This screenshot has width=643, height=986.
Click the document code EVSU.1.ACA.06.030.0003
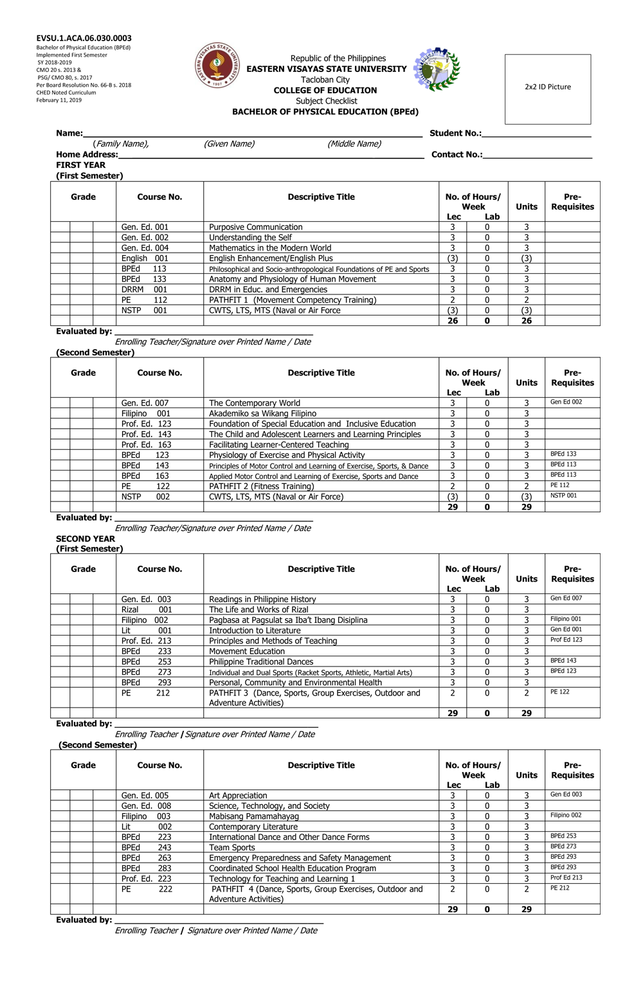(x=84, y=39)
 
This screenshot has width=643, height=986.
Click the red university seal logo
(x=217, y=66)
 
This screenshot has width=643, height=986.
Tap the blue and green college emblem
(x=437, y=69)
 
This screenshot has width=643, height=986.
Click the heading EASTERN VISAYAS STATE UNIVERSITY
(x=327, y=69)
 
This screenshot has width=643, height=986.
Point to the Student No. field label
(x=455, y=133)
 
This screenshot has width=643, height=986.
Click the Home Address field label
(x=87, y=154)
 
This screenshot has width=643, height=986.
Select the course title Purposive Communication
(x=255, y=227)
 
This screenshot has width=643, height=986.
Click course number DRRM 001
(x=144, y=289)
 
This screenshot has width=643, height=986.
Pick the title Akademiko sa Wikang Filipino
(x=262, y=413)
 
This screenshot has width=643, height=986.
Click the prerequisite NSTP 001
(x=563, y=496)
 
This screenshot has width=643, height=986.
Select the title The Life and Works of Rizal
(x=258, y=609)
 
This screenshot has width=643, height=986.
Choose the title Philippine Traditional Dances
(x=261, y=661)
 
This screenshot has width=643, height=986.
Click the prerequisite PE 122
(x=559, y=692)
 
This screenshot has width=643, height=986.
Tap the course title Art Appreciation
(x=238, y=795)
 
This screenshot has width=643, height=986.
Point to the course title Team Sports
(x=232, y=847)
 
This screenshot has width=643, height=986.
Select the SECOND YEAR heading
(x=86, y=539)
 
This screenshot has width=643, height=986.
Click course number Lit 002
(x=147, y=827)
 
